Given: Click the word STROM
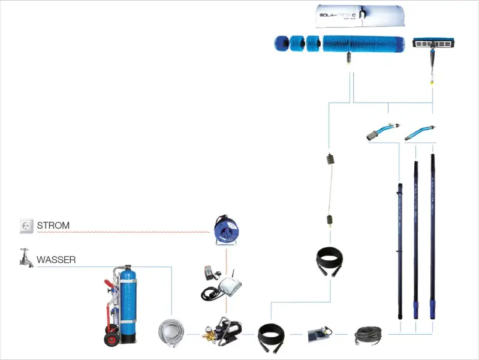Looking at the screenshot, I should [53, 226].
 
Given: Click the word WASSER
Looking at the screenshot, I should [56, 260].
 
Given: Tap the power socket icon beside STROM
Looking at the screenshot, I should [26, 226].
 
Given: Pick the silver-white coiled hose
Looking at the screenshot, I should [171, 332].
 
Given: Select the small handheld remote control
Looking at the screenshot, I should [209, 270].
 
